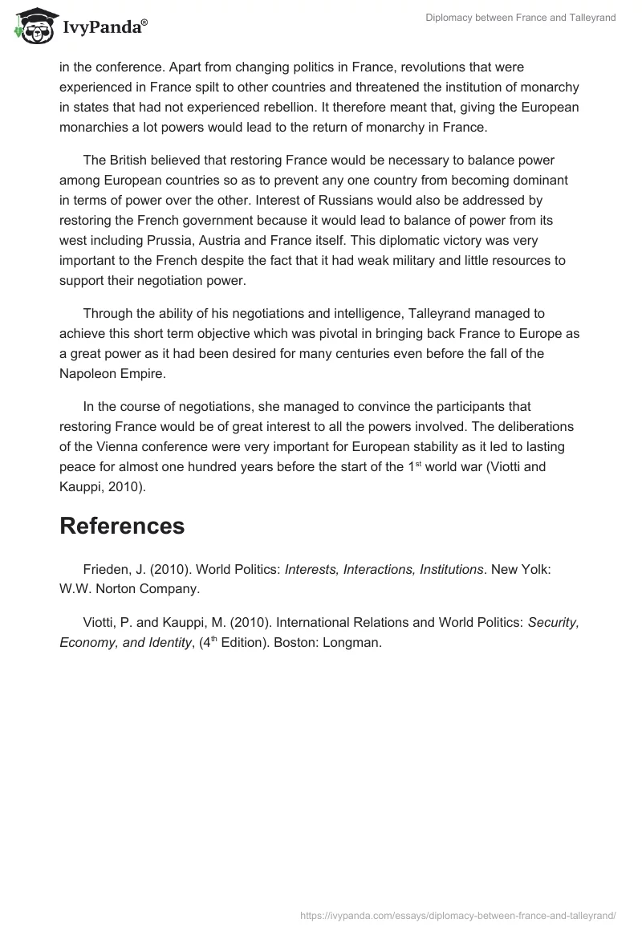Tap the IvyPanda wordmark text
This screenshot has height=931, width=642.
(104, 29)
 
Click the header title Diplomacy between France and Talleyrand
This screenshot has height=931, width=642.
(521, 18)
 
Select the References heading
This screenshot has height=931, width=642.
(122, 526)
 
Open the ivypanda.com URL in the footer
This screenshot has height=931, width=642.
(457, 915)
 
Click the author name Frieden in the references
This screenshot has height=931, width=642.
(107, 569)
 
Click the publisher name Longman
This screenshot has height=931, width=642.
(350, 642)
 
